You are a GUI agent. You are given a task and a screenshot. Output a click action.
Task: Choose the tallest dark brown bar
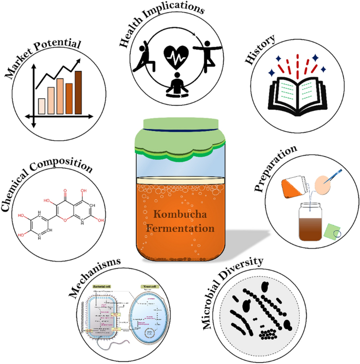tap(78, 92)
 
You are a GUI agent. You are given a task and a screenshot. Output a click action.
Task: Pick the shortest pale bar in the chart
tap(42, 106)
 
